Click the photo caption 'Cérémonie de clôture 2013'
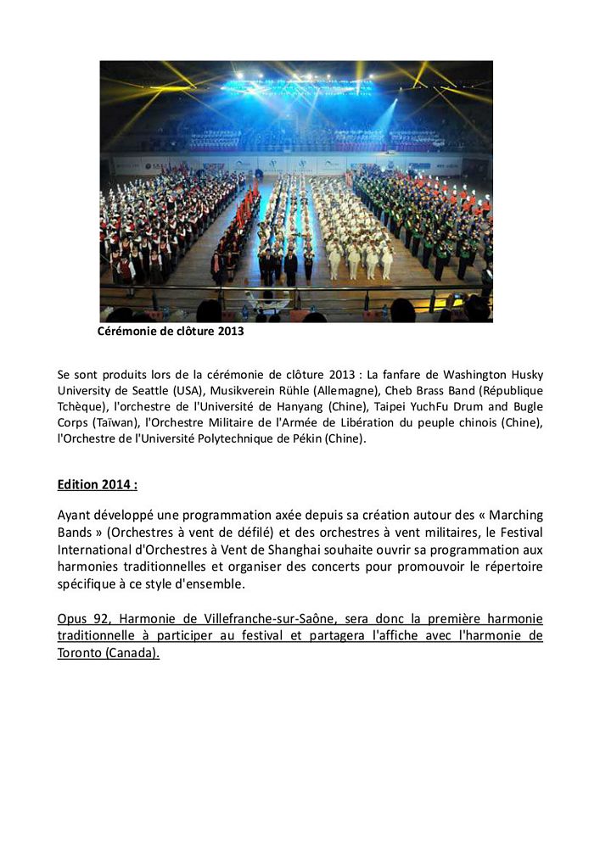pyautogui.click(x=171, y=332)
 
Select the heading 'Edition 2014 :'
pyautogui.click(x=97, y=485)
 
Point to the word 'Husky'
pyautogui.click(x=524, y=374)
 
